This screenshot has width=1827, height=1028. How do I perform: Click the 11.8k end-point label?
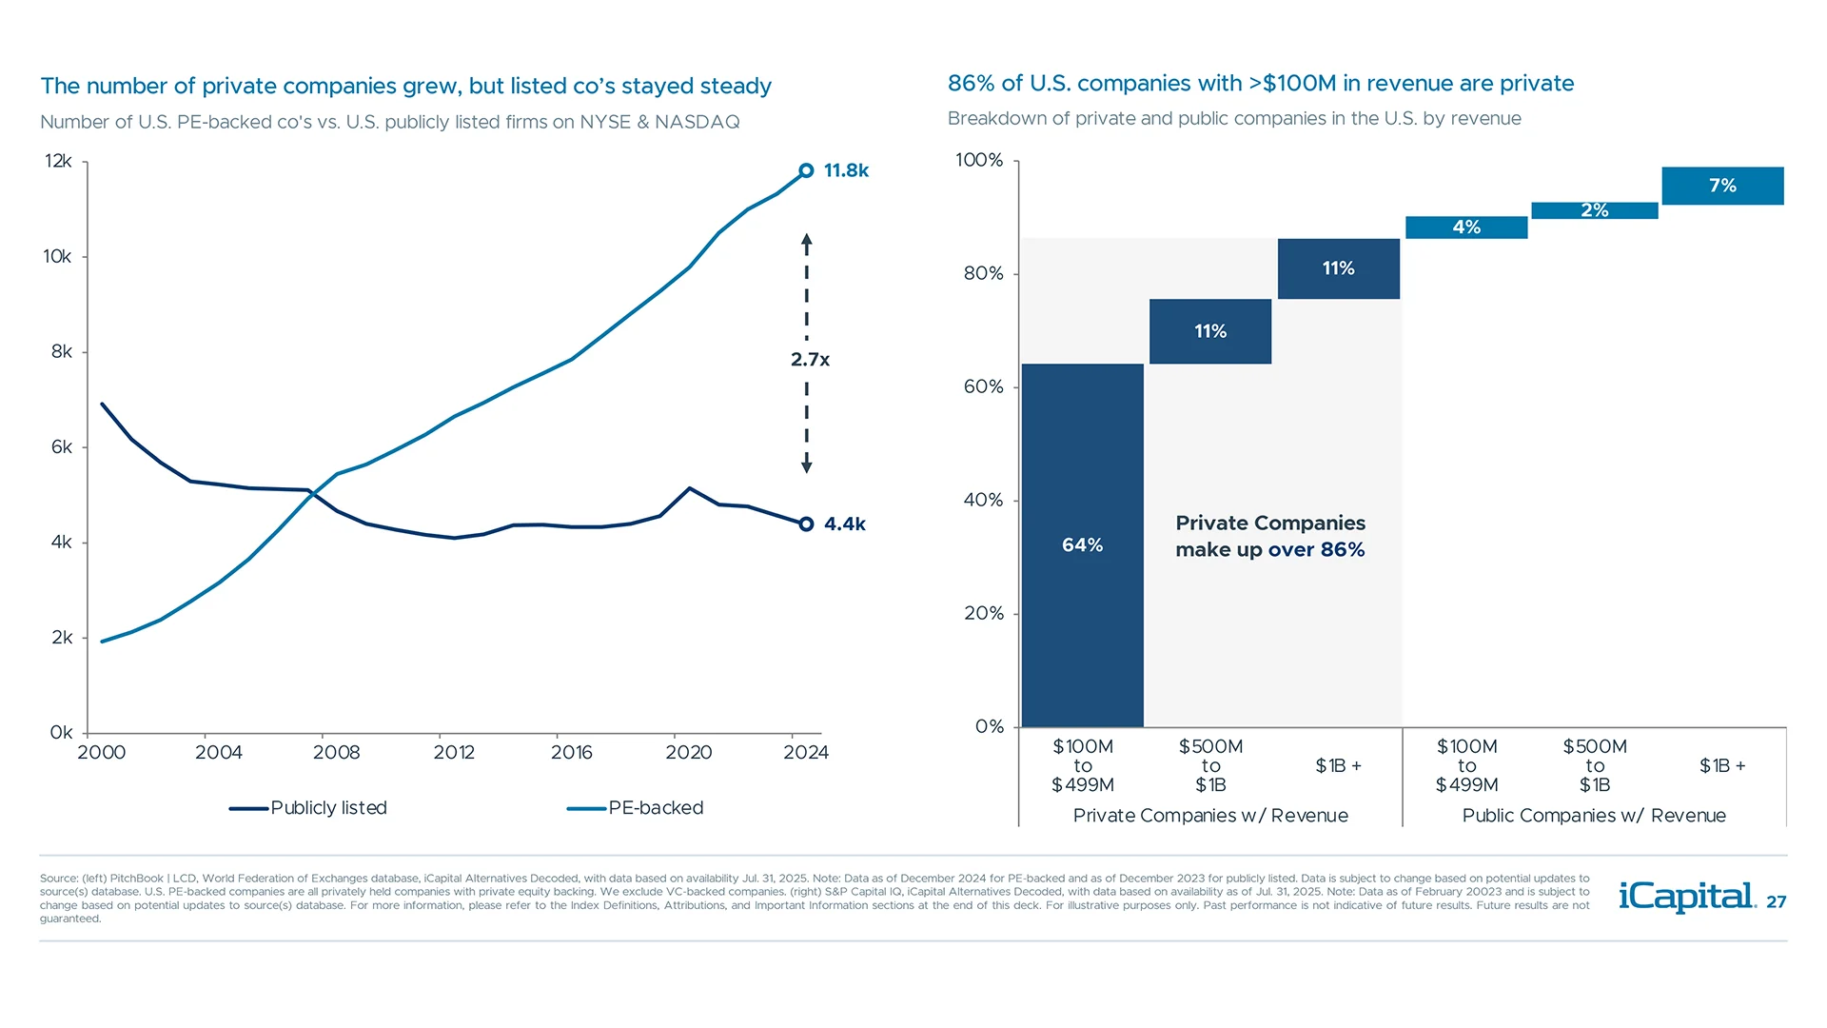point(845,170)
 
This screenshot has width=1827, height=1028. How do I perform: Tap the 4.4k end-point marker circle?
point(806,524)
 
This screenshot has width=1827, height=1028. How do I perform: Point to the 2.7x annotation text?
point(810,360)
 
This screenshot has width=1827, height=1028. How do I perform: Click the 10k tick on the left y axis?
point(57,257)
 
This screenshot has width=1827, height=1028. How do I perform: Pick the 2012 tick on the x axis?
point(454,753)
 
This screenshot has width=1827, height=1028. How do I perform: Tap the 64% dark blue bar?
point(1082,544)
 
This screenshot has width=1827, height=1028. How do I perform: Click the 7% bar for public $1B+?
point(1722,186)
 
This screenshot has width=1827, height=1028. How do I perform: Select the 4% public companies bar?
point(1466,227)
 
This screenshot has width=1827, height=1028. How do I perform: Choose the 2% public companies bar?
point(1595,210)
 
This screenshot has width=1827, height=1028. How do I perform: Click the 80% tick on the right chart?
point(983,274)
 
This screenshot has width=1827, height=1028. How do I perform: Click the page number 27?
point(1777,902)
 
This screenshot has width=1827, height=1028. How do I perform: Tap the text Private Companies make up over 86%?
point(1269,536)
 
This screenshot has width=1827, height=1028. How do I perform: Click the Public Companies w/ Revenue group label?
point(1594,816)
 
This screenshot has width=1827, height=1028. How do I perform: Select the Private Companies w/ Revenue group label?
point(1210,816)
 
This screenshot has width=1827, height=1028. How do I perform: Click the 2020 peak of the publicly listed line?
point(690,488)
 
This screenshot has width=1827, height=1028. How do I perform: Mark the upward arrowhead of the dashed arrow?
point(806,241)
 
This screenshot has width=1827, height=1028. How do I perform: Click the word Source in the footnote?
point(59,879)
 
